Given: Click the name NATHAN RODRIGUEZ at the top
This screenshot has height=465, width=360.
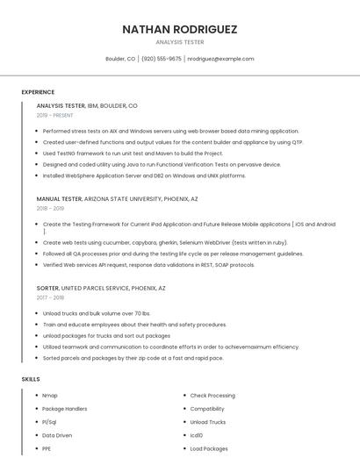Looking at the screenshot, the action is pyautogui.click(x=180, y=29).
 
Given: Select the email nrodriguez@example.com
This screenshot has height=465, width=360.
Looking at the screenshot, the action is pyautogui.click(x=220, y=59).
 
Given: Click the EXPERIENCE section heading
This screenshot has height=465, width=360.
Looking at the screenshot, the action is pyautogui.click(x=38, y=92).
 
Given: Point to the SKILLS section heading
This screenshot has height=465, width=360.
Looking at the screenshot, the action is pyautogui.click(x=31, y=379).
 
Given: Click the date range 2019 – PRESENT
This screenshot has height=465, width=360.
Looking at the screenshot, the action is pyautogui.click(x=54, y=115).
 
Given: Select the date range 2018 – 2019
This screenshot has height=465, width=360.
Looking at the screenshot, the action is pyautogui.click(x=50, y=208).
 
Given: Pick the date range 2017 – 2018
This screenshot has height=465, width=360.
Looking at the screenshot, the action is pyautogui.click(x=50, y=297).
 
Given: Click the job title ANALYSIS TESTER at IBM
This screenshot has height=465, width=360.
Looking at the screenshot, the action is pyautogui.click(x=61, y=105).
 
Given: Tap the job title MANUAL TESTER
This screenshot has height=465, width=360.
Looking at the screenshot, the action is pyautogui.click(x=59, y=198).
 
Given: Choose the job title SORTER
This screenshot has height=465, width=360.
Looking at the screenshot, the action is pyautogui.click(x=47, y=288).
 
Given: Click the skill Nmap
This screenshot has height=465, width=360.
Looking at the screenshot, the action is pyautogui.click(x=50, y=396).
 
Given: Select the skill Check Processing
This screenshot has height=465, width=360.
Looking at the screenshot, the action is pyautogui.click(x=212, y=396).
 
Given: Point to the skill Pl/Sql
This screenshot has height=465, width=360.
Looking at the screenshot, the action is pyautogui.click(x=50, y=422).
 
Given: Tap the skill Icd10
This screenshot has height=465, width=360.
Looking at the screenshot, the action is pyautogui.click(x=197, y=435).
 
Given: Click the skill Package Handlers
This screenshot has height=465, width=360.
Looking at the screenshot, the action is pyautogui.click(x=64, y=409).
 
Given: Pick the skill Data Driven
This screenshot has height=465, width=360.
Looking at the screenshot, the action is pyautogui.click(x=57, y=435).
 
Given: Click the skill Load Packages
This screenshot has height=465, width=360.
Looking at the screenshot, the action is pyautogui.click(x=209, y=448).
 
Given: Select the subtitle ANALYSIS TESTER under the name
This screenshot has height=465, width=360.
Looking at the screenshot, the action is pyautogui.click(x=180, y=42).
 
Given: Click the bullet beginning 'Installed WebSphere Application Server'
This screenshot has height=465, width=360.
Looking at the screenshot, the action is pyautogui.click(x=144, y=175).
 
